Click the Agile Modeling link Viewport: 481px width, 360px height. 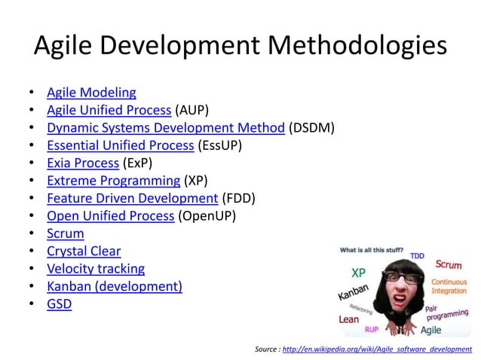(x=91, y=93)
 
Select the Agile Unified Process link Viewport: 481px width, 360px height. (x=109, y=110)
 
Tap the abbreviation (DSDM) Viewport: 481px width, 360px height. (x=311, y=128)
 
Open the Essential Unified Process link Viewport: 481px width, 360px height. (x=120, y=145)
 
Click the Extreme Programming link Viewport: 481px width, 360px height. (x=113, y=181)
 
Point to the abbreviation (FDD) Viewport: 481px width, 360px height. (x=238, y=198)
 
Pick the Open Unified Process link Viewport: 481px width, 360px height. (x=110, y=215)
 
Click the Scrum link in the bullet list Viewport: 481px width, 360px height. (x=66, y=233)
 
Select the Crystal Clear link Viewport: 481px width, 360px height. (x=84, y=251)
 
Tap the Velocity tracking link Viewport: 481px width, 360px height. (x=96, y=268)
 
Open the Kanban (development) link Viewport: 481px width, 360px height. (x=115, y=286)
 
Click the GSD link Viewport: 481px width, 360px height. (x=60, y=304)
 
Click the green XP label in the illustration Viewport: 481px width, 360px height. (x=360, y=272)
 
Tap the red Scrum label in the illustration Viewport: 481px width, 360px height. (x=449, y=265)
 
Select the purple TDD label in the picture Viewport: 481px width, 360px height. (x=417, y=257)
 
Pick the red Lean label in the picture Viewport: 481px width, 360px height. (x=349, y=319)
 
